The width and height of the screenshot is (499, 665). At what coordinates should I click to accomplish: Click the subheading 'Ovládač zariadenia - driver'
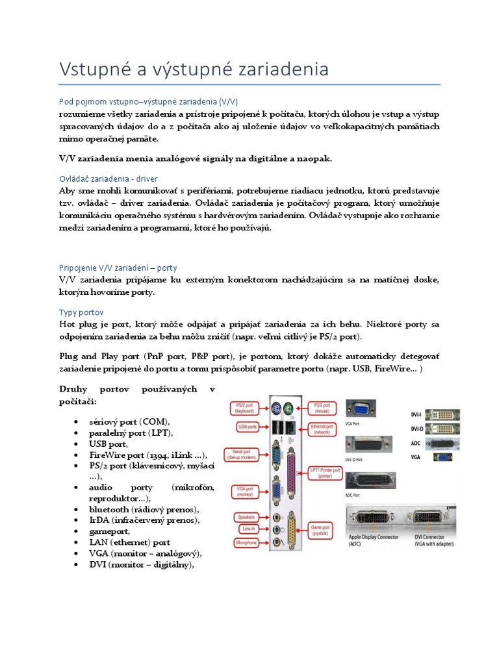click(x=108, y=178)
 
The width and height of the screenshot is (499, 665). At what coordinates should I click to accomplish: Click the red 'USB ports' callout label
click(x=247, y=427)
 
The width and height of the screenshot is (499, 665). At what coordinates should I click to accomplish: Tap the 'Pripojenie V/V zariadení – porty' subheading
click(x=117, y=268)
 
